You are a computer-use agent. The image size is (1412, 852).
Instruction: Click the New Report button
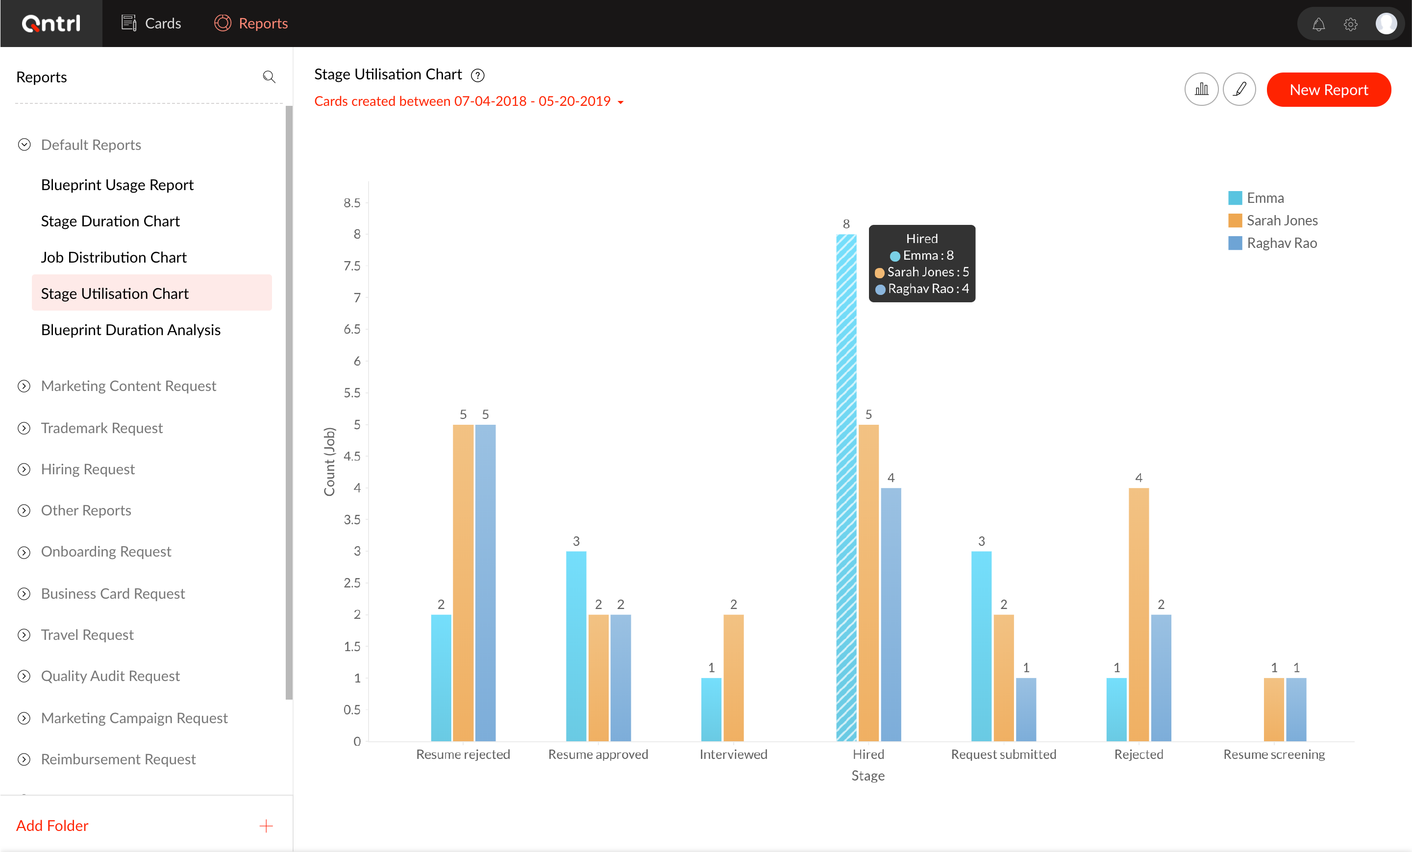[x=1328, y=90]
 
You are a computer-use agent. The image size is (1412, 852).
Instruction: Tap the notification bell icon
[x=1318, y=24]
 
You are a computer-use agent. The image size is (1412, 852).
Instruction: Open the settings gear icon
[x=1350, y=24]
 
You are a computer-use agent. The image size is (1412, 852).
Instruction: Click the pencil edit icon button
[x=1239, y=89]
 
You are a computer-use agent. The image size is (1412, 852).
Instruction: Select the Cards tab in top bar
[x=151, y=24]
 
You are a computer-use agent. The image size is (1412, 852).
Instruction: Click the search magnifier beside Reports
[x=269, y=77]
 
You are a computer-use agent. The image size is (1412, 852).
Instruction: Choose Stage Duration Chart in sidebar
[x=110, y=221]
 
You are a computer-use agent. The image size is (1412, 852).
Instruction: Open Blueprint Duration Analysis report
[x=131, y=330]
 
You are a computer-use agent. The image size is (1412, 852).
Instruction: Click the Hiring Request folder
[x=88, y=469]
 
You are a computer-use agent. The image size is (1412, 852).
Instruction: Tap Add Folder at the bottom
[x=52, y=825]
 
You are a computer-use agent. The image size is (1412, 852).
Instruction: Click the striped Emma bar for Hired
[x=846, y=487]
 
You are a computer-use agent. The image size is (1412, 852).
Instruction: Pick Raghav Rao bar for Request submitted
[x=1026, y=709]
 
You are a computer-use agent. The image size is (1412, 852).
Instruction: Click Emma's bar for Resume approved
[x=576, y=646]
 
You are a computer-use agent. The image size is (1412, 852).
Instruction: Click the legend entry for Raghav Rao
[x=1281, y=243]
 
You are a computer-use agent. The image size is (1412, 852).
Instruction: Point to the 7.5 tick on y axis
[x=352, y=266]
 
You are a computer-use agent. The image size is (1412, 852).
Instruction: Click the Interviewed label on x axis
[x=733, y=754]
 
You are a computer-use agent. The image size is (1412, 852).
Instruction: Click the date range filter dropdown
[x=468, y=101]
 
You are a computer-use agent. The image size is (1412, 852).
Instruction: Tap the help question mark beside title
[x=477, y=75]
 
